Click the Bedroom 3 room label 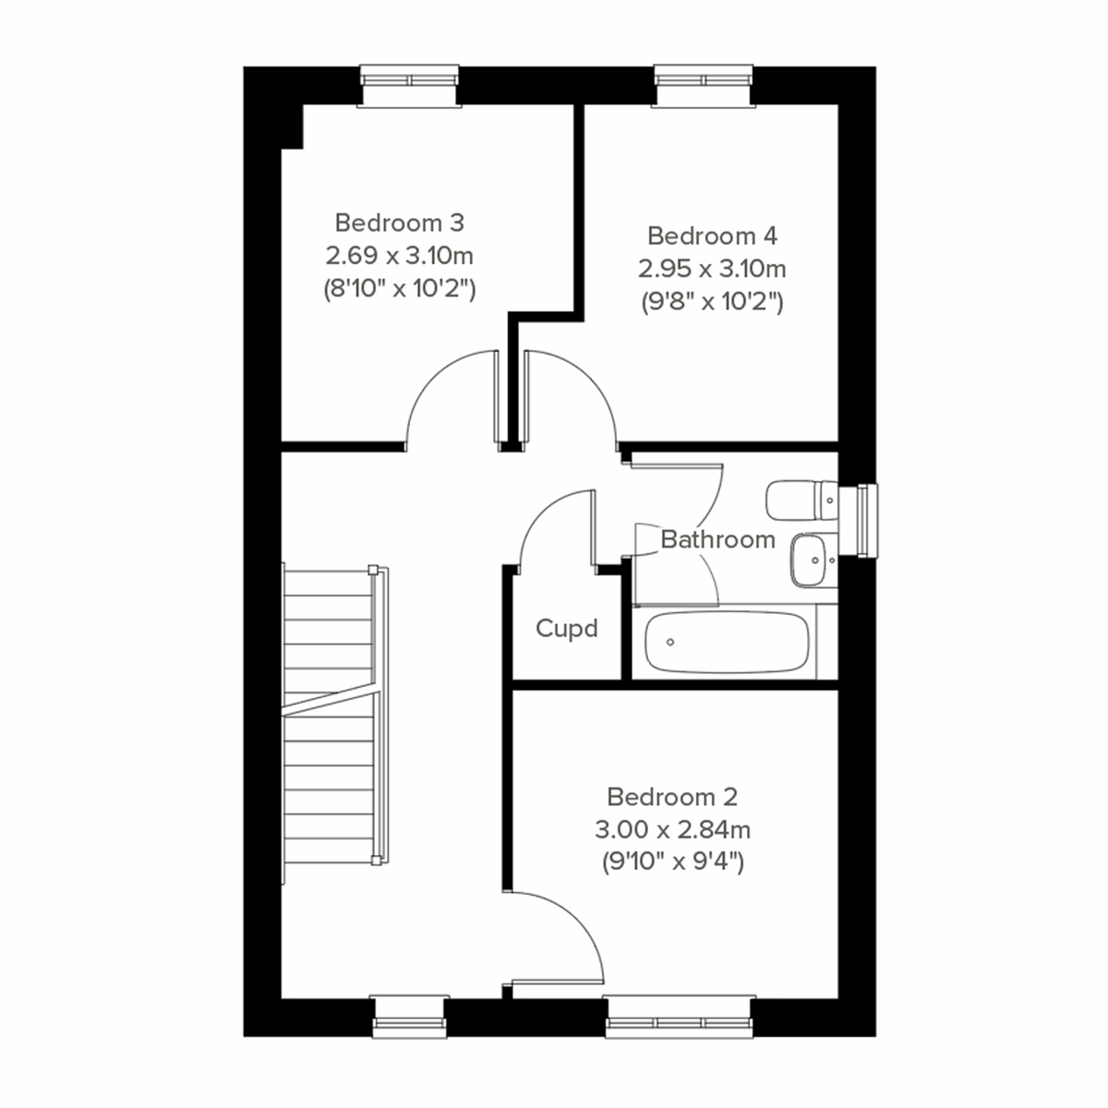point(399,223)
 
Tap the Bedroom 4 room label point(712,235)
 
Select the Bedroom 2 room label point(672,796)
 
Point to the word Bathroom point(717,539)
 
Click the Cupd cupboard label point(567,629)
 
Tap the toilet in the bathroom point(800,500)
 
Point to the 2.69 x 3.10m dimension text point(399,255)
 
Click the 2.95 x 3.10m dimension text point(712,269)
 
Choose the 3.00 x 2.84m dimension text point(672,829)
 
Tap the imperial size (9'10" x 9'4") point(672,862)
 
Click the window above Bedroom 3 point(409,86)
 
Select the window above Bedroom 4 point(705,86)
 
